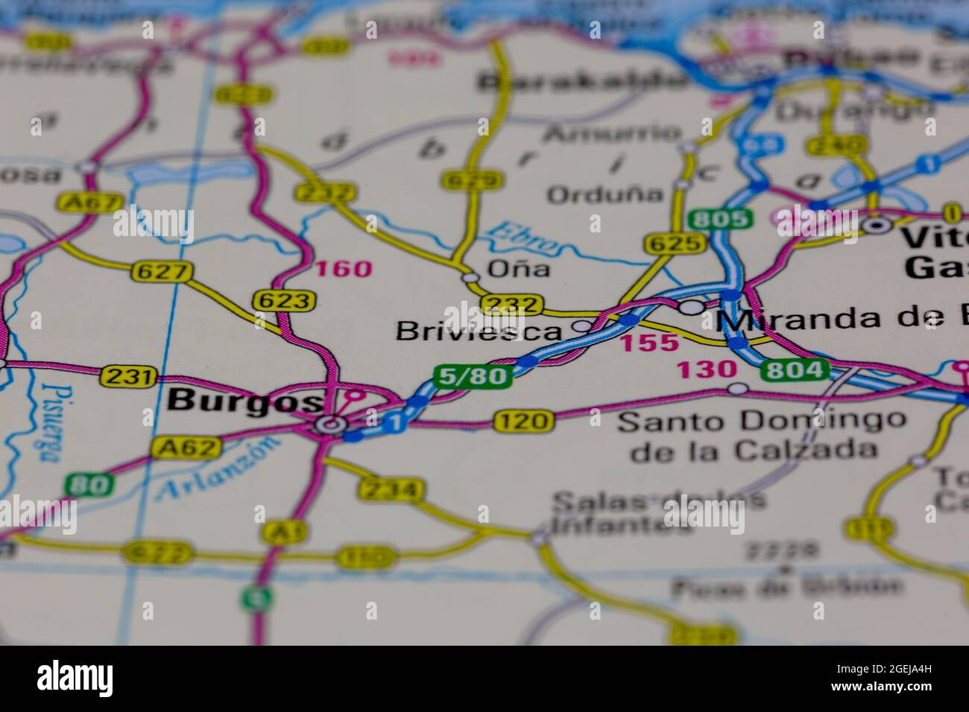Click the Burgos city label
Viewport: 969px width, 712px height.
click(x=244, y=401)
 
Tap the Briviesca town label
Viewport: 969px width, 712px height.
click(x=479, y=331)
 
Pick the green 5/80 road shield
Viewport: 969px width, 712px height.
click(x=473, y=376)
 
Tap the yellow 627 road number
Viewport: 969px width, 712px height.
click(x=161, y=272)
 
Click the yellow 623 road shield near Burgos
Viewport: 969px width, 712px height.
click(x=284, y=300)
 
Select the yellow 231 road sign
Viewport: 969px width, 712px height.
click(x=129, y=376)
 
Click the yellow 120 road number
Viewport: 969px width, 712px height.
click(x=523, y=422)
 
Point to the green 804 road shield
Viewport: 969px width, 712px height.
click(x=795, y=369)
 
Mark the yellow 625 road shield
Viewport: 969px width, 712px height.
click(x=675, y=243)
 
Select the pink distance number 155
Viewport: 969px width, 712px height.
click(x=650, y=343)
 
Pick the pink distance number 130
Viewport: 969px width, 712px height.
click(x=706, y=369)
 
